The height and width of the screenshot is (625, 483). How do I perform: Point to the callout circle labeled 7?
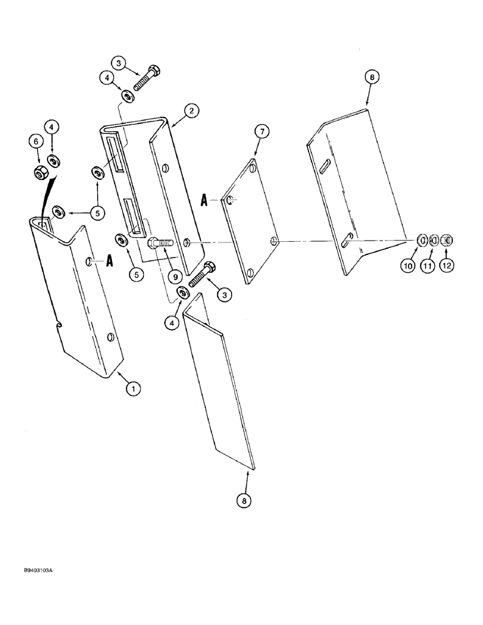(x=261, y=132)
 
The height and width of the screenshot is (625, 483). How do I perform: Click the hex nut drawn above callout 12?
(x=447, y=240)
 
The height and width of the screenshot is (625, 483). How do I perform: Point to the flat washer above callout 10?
(x=422, y=240)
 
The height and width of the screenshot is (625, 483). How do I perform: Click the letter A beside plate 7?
(x=205, y=201)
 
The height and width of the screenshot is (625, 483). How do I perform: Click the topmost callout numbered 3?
(x=119, y=62)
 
